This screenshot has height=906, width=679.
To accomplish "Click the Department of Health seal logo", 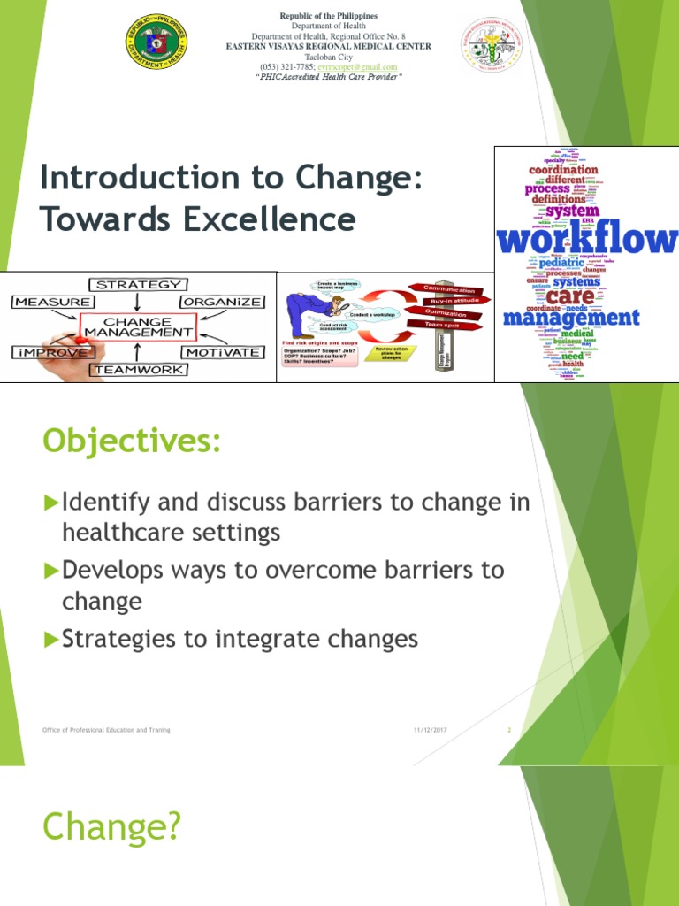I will [158, 45].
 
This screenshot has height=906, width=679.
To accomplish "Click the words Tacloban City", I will [329, 57].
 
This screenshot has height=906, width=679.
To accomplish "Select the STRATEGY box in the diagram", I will [139, 285].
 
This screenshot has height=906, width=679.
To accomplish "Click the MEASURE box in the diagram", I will [50, 302].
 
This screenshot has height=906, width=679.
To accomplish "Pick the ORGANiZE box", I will [222, 302].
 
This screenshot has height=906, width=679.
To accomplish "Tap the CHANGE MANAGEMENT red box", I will [137, 326].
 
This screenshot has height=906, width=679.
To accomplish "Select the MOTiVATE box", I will [222, 352].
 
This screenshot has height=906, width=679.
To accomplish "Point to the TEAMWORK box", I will [139, 370].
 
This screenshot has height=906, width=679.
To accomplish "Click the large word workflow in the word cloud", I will [586, 240].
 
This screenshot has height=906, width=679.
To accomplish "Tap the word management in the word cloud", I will [570, 317].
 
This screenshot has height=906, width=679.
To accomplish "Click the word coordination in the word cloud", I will [563, 169].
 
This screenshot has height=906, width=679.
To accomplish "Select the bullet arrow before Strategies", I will [50, 639].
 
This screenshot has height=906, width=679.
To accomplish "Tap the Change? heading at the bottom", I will [111, 827].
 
